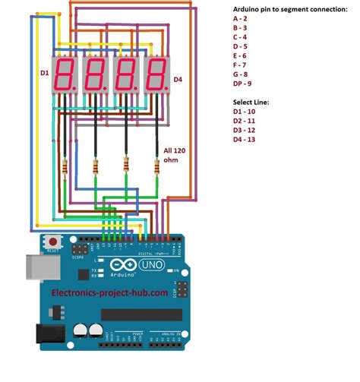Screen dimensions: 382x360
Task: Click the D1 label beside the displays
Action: click(44, 73)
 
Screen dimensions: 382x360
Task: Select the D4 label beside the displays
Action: click(178, 79)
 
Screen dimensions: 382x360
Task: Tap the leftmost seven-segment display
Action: click(65, 75)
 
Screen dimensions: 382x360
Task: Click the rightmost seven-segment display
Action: click(156, 75)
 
